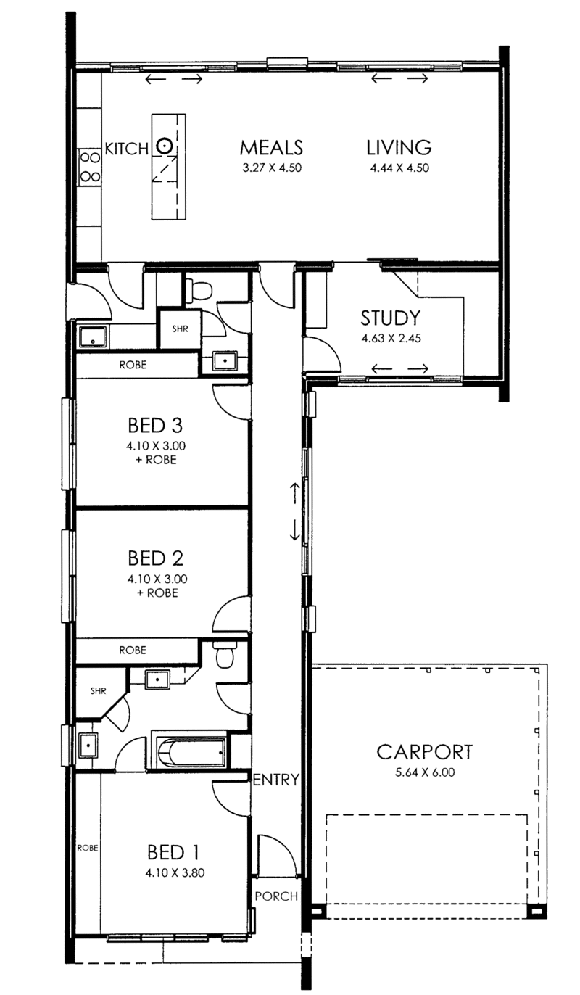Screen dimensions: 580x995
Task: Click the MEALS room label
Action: [x=271, y=147]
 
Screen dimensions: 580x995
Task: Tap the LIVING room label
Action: [x=399, y=147]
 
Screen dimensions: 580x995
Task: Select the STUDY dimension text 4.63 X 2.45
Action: [x=391, y=338]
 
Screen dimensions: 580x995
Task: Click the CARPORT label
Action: [x=425, y=752]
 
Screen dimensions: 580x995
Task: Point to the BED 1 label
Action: [x=173, y=852]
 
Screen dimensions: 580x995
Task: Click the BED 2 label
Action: [x=155, y=558]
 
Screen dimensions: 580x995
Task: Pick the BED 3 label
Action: [x=155, y=426]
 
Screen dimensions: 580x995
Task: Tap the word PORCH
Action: [x=276, y=896]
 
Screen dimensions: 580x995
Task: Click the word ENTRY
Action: [x=275, y=779]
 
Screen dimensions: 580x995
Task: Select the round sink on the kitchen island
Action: [x=165, y=145]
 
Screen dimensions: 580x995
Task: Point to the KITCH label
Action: [x=127, y=149]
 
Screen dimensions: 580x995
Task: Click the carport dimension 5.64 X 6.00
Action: [x=425, y=772]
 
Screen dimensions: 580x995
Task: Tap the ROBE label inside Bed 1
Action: [x=88, y=848]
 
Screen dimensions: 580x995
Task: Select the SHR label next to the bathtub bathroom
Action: [x=98, y=690]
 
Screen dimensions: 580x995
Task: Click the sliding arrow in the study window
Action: [x=399, y=368]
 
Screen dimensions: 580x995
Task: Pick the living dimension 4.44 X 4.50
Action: [x=399, y=168]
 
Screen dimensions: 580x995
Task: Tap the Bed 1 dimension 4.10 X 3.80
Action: [x=175, y=872]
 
